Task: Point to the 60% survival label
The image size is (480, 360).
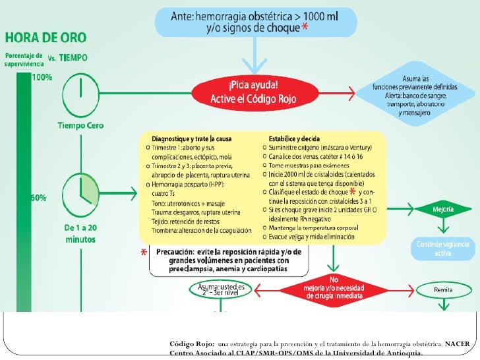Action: (37, 196)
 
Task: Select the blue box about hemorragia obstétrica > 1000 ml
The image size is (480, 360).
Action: (254, 24)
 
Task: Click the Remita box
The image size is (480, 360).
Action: (442, 289)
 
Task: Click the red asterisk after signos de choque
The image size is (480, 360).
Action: (304, 28)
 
